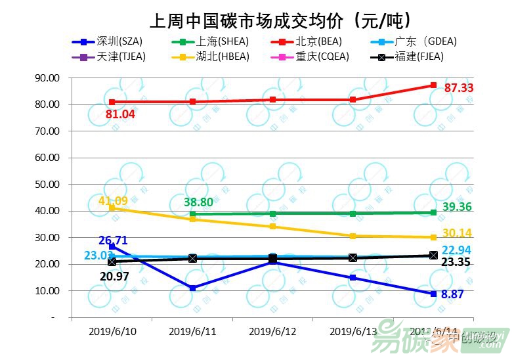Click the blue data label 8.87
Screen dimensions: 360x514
pos(452,295)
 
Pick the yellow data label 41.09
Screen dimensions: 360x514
pos(113,201)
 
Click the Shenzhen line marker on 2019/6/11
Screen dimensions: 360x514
pos(192,288)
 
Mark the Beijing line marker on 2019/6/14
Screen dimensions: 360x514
pos(433,85)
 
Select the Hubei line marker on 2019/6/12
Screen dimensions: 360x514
pos(272,227)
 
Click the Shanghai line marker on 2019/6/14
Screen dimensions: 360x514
pos(433,212)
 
